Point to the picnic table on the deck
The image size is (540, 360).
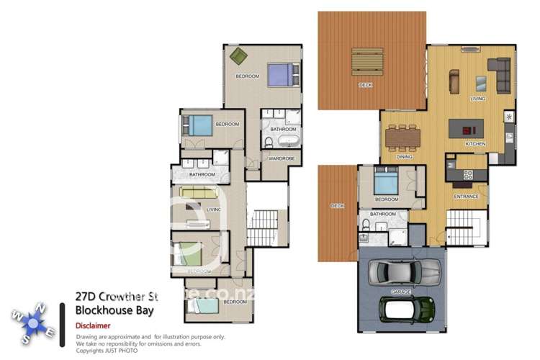coord(368,61)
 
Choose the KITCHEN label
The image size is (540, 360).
coord(475,144)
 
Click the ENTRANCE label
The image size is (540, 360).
coord(466,196)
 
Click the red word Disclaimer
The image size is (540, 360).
coord(93,325)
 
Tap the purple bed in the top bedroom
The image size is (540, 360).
coord(281,73)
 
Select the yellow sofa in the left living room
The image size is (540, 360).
coord(198,192)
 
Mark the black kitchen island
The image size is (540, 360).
coord(468,130)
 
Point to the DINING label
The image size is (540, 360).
coord(404,156)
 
